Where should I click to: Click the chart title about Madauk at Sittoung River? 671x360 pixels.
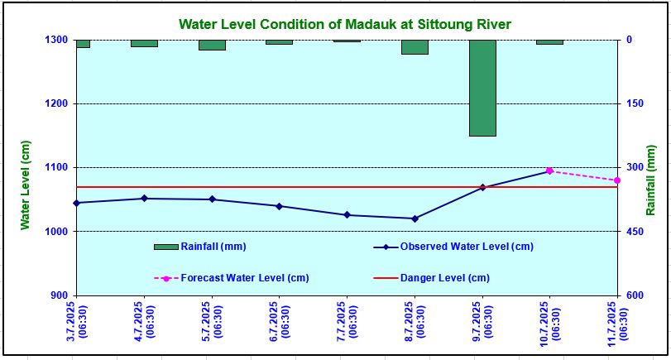[x=345, y=24]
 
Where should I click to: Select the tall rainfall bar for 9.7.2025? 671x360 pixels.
[x=482, y=88]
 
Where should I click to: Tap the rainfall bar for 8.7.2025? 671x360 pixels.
[x=415, y=47]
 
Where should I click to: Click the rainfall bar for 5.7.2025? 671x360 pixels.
[x=212, y=45]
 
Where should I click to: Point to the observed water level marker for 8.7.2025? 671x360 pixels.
[x=415, y=218]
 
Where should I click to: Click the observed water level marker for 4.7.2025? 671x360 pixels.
[x=144, y=199]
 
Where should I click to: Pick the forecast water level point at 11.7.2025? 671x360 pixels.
[x=617, y=180]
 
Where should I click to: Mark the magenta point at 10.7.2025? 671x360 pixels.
[x=549, y=170]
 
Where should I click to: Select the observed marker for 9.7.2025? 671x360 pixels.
[x=482, y=188]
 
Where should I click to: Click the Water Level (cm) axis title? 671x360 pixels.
[x=26, y=184]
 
